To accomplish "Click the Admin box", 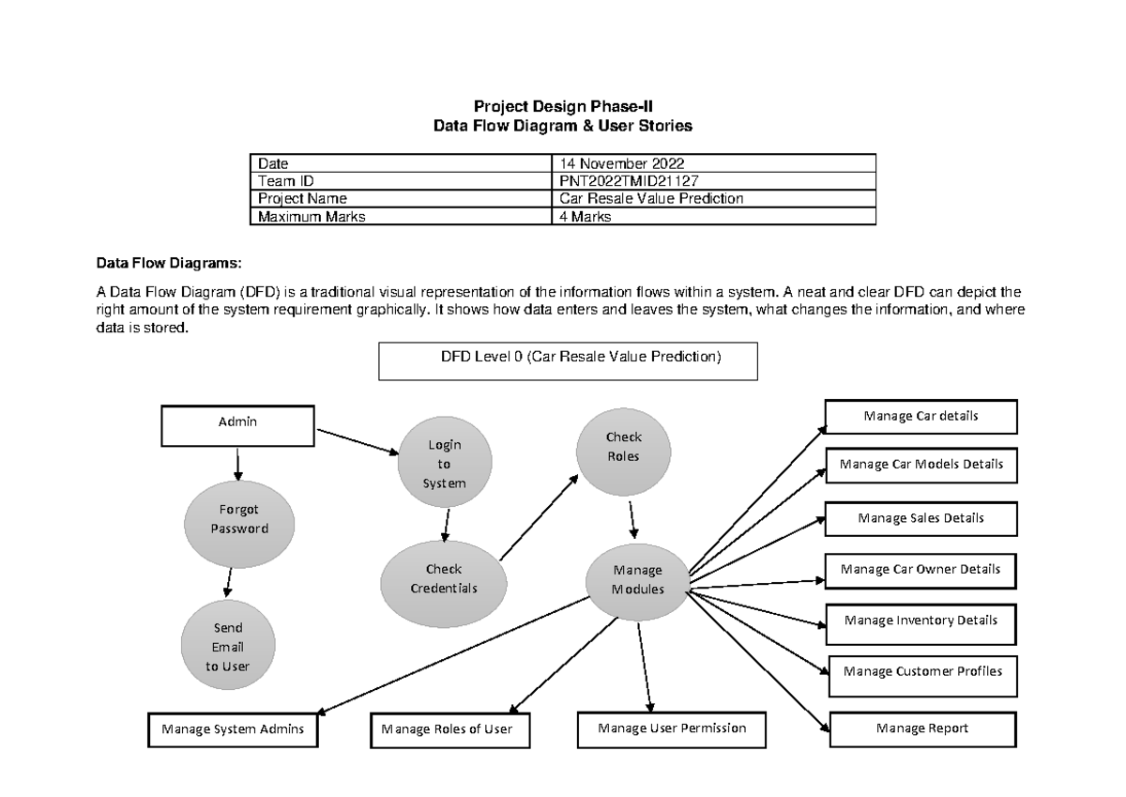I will coord(237,425).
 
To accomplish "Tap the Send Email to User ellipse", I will coord(227,647).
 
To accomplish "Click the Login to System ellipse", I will coord(444,464).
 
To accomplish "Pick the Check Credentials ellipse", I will coord(444,579).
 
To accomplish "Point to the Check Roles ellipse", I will coord(623,447).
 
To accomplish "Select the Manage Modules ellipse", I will coord(638,581).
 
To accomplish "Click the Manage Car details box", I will coord(921,416).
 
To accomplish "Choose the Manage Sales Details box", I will coord(921,518).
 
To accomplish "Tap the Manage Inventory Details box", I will coord(921,621).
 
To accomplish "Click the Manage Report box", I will coord(922,728).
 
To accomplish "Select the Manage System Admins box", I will coord(233,730).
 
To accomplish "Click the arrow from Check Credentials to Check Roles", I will coord(540,517).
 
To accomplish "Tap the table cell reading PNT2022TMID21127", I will coord(714,180).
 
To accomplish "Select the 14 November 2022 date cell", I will coord(714,162).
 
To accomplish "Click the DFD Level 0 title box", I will coord(568,360).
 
